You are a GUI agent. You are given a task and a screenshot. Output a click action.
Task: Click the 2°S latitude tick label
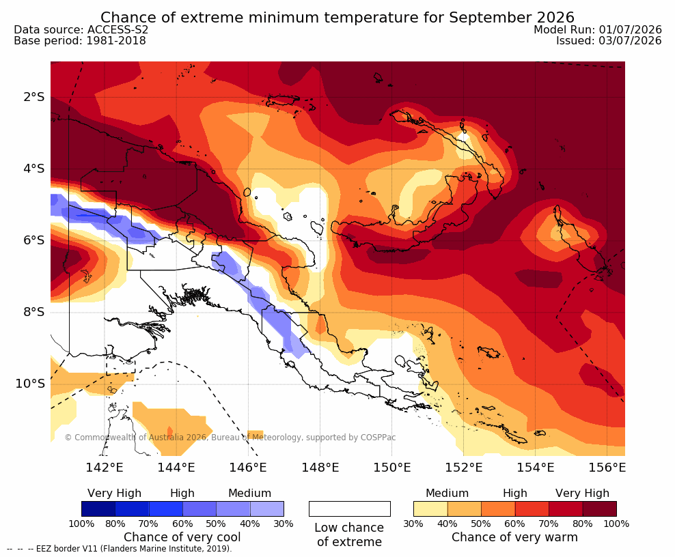coord(34,97)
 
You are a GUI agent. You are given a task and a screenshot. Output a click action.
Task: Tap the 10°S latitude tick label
coord(30,383)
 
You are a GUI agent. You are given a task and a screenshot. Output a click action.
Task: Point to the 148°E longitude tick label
coord(320,467)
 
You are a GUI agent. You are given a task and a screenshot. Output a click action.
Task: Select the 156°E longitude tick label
coord(607,467)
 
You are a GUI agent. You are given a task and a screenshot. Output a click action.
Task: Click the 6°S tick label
coord(34,240)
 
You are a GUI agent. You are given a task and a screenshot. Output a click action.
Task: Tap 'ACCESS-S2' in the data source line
coord(118,29)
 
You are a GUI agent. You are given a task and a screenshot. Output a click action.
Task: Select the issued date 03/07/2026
coord(630,40)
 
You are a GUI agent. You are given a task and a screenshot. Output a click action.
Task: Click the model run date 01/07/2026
coord(630,29)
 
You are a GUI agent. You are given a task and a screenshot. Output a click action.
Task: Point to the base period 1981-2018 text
coord(116,40)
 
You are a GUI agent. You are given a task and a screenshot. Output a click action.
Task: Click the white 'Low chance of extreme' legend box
coord(350,509)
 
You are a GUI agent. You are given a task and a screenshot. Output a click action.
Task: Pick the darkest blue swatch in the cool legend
coord(98,509)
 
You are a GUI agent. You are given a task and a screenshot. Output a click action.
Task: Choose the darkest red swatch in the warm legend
coord(600,509)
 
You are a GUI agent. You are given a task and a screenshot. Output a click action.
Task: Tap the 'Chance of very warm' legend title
coord(514,537)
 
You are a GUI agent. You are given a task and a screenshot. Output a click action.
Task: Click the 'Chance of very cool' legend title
coord(182,537)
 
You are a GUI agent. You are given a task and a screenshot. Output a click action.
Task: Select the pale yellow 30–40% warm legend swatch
coord(430,509)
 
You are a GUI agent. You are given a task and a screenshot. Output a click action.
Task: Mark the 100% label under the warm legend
coord(616,524)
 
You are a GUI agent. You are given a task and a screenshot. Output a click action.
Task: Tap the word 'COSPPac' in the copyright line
coord(378,438)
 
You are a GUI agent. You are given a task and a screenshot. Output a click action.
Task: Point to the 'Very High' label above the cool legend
coord(114,493)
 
